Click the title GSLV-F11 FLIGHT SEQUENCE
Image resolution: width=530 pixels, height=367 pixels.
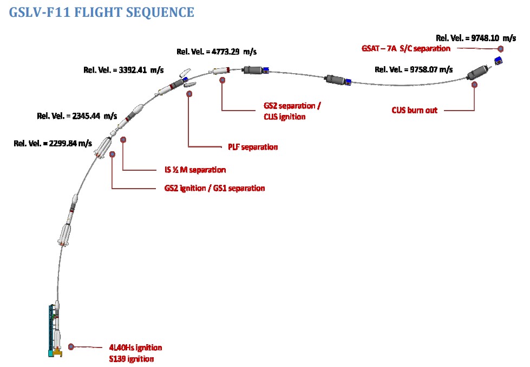pyautogui.click(x=101, y=12)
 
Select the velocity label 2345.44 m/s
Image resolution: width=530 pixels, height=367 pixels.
pyautogui.click(x=77, y=115)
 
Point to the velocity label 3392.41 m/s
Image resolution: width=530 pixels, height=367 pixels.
pyautogui.click(x=123, y=70)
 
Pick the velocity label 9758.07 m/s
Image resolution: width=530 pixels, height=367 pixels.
pyautogui.click(x=414, y=69)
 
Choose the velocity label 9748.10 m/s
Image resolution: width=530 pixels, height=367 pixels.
pyautogui.click(x=476, y=38)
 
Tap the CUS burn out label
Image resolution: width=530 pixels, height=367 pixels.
pyautogui.click(x=414, y=110)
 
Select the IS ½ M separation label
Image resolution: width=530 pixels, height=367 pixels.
pyautogui.click(x=195, y=170)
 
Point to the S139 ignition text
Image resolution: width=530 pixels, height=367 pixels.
pyautogui.click(x=131, y=359)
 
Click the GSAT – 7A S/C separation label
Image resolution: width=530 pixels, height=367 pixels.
pyautogui.click(x=406, y=48)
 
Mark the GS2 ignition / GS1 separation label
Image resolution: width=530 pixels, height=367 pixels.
pyautogui.click(x=214, y=188)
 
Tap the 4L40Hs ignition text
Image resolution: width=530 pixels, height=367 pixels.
pyautogui.click(x=135, y=347)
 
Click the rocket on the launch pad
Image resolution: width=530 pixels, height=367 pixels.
pyautogui.click(x=56, y=331)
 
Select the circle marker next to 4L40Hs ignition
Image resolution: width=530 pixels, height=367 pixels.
pyautogui.click(x=71, y=347)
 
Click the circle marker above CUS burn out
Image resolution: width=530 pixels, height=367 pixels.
pyautogui.click(x=474, y=85)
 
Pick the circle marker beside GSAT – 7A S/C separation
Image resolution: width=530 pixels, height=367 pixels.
pyautogui.click(x=500, y=48)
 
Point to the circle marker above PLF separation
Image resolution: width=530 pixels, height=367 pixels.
pyautogui.click(x=189, y=94)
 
